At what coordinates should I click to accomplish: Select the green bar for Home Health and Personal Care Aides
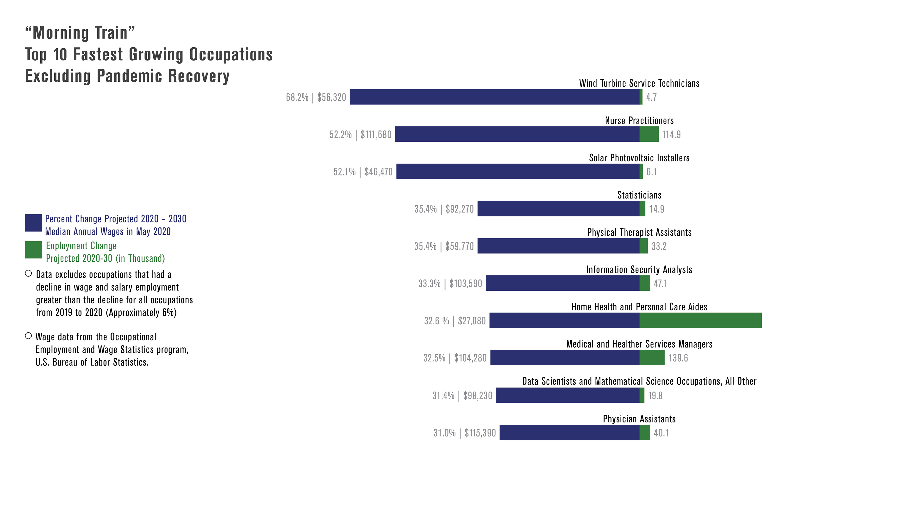(700, 320)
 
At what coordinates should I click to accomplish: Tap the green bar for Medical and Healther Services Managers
(652, 358)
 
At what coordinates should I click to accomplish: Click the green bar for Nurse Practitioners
(649, 134)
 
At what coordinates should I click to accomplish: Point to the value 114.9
(672, 135)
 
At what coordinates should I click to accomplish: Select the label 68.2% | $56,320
(316, 97)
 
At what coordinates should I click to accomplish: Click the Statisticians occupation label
(639, 195)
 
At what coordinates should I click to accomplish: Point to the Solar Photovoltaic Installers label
(639, 158)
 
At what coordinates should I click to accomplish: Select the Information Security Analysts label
(639, 270)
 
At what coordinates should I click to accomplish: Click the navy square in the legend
(33, 223)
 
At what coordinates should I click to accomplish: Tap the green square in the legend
(33, 250)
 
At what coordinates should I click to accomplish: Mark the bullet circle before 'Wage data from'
(28, 336)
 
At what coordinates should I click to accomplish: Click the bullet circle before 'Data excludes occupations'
(28, 274)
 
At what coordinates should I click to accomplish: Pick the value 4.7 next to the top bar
(651, 97)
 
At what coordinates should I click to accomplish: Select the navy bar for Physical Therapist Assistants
(558, 246)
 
